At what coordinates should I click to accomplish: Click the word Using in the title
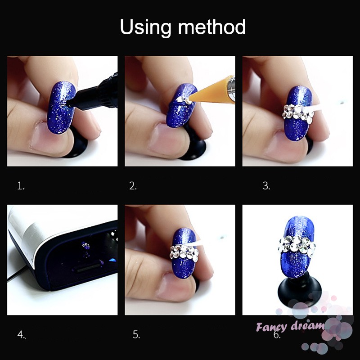146,28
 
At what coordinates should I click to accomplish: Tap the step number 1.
21,186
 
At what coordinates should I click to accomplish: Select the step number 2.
133,186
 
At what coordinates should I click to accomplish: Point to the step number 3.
266,186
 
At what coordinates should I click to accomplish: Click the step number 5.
136,334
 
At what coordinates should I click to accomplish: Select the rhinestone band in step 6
297,244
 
